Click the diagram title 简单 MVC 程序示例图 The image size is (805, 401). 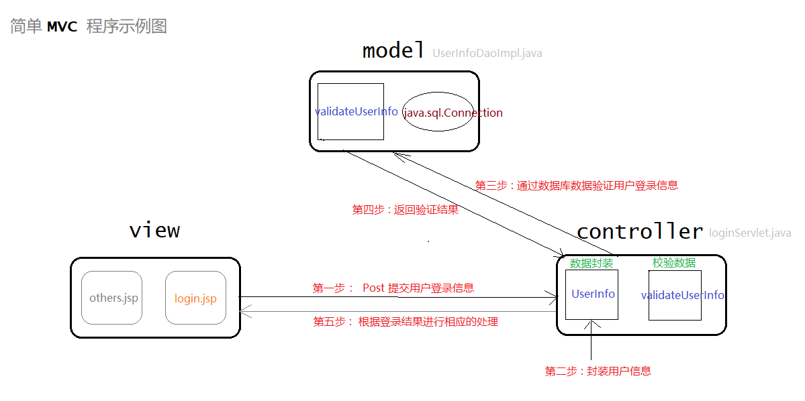[x=88, y=26]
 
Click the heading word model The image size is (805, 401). [x=393, y=50]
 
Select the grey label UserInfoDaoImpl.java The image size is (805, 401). [x=487, y=53]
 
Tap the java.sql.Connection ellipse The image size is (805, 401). [x=437, y=112]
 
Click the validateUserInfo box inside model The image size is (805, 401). [x=350, y=111]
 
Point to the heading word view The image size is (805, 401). [x=154, y=231]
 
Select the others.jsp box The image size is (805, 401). [x=112, y=298]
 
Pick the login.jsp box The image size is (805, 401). [x=195, y=298]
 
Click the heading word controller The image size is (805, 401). [x=640, y=232]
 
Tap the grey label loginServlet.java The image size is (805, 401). [x=750, y=233]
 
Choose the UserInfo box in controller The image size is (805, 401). [x=592, y=294]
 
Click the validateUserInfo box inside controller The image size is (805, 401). [x=675, y=295]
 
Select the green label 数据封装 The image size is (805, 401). [x=591, y=263]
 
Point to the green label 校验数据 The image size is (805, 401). [x=674, y=263]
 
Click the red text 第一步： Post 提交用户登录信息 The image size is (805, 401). [x=393, y=288]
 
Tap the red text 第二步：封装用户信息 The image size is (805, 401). [x=598, y=371]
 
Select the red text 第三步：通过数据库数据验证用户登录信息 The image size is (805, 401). [x=576, y=186]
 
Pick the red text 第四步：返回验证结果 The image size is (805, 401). [x=406, y=210]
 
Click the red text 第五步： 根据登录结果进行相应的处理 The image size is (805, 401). [x=406, y=322]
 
